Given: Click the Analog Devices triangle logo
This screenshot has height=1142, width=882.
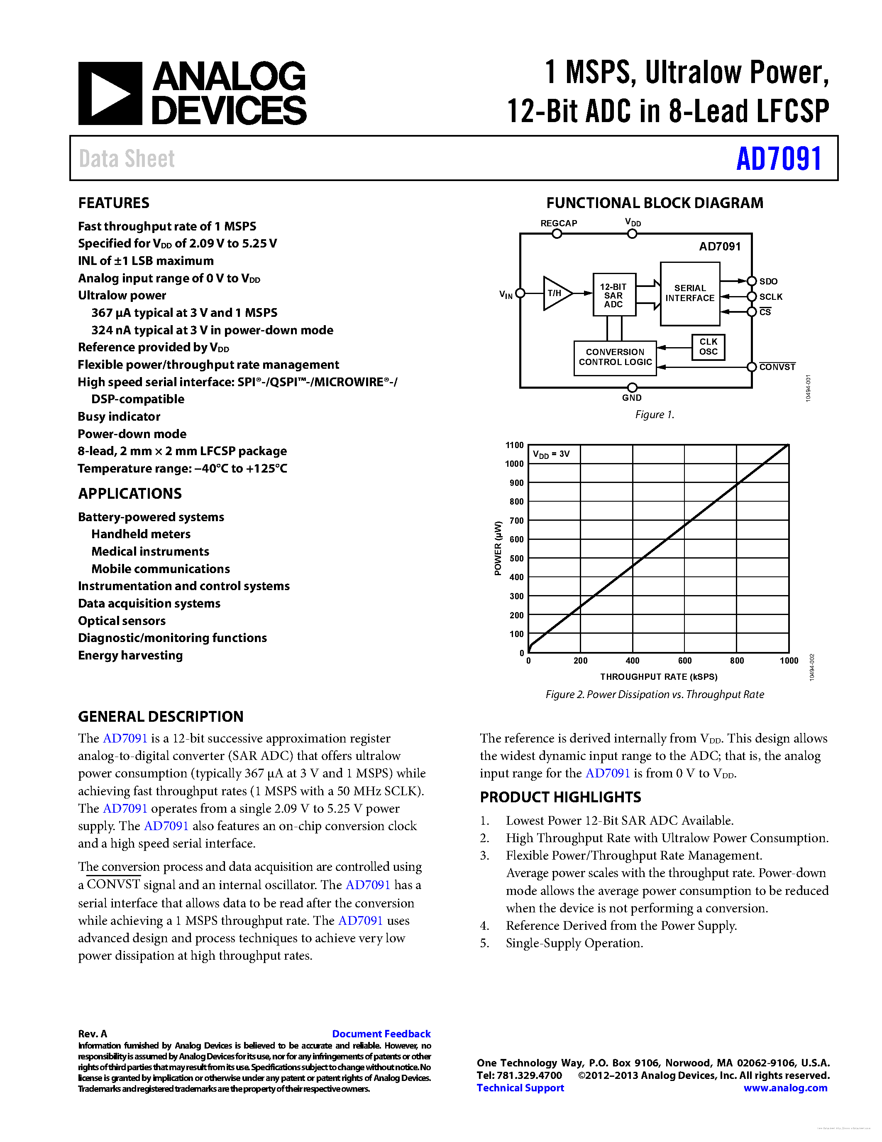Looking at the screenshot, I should pyautogui.click(x=110, y=93).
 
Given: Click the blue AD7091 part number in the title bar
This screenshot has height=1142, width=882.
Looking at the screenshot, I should pyautogui.click(x=779, y=159).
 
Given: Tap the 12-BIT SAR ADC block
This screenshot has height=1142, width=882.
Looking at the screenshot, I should pyautogui.click(x=614, y=295).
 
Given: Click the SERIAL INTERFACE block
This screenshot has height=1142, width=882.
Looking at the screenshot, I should pyautogui.click(x=690, y=293).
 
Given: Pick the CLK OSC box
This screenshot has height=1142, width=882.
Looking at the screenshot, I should pyautogui.click(x=708, y=347).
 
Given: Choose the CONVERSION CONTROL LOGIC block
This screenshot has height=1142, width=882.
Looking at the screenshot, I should pyautogui.click(x=615, y=357).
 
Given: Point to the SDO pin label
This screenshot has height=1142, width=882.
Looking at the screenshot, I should pyautogui.click(x=768, y=281).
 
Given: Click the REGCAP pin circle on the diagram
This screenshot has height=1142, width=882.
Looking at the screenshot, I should pyautogui.click(x=557, y=234).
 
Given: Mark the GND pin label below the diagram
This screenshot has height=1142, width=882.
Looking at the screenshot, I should pyautogui.click(x=632, y=398).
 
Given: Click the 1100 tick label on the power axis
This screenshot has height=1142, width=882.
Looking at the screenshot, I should pyautogui.click(x=514, y=445).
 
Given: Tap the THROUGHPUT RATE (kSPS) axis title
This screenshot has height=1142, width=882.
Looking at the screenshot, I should pyautogui.click(x=658, y=676).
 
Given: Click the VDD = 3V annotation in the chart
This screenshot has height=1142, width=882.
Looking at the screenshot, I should pyautogui.click(x=551, y=454).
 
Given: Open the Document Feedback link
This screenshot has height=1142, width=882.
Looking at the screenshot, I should pyautogui.click(x=381, y=1034).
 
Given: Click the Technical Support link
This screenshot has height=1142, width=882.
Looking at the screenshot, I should pyautogui.click(x=520, y=1088).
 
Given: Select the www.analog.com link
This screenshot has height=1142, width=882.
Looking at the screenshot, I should pyautogui.click(x=785, y=1088).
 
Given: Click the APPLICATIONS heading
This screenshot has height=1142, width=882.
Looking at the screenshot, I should pyautogui.click(x=129, y=494).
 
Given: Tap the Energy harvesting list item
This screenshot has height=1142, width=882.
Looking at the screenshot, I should pyautogui.click(x=130, y=655).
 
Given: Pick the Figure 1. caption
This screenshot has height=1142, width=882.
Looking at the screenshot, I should pyautogui.click(x=654, y=415).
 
